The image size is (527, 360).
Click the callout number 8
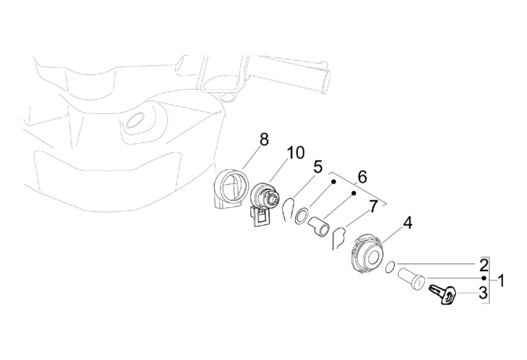click(x=264, y=139)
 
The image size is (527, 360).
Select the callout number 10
click(x=295, y=152)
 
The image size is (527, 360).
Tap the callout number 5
click(x=317, y=167)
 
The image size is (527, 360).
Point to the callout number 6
click(x=362, y=177)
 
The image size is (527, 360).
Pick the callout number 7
click(x=373, y=206)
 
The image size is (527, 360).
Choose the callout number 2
click(x=483, y=266)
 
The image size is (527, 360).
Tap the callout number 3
click(x=483, y=294)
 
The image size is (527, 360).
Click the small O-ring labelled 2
click(x=389, y=268)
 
